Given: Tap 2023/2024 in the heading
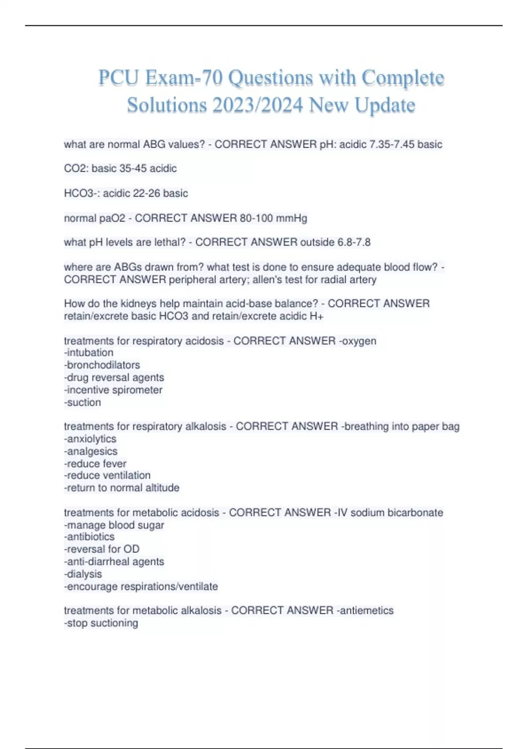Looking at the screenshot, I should [257, 105].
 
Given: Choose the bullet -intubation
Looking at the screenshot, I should [89, 353].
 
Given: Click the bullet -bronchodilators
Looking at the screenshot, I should [102, 365].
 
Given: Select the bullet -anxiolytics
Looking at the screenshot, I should [90, 439].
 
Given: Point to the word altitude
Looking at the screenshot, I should [162, 488].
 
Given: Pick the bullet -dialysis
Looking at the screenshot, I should [83, 574].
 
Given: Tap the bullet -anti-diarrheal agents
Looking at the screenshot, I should [114, 562].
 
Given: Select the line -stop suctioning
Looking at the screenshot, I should [101, 623].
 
